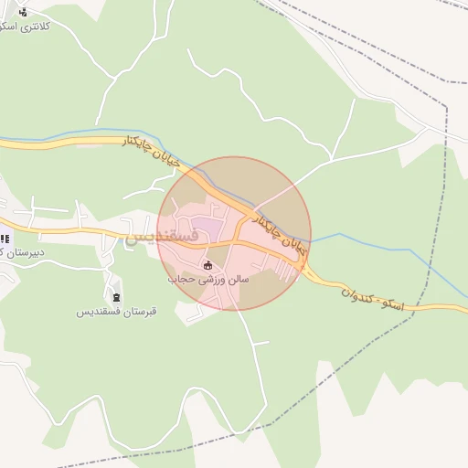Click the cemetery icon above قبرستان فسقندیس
[116, 297]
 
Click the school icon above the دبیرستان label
[5, 239]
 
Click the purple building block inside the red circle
[208, 225]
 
